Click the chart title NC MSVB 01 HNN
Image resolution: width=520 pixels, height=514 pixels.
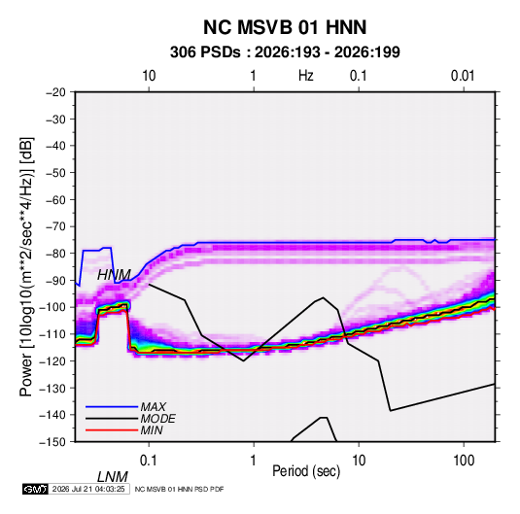[x=285, y=27]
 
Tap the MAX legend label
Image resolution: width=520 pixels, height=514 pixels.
[x=154, y=407]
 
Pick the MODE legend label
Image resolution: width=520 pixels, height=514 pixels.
[x=157, y=419]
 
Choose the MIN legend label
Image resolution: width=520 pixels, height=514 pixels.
[x=152, y=430]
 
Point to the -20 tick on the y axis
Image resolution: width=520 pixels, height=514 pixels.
[x=55, y=92]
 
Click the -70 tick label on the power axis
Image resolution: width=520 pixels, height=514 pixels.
[x=55, y=226]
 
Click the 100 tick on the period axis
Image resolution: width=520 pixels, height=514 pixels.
[x=464, y=461]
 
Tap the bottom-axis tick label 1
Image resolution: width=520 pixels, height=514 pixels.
[x=253, y=461]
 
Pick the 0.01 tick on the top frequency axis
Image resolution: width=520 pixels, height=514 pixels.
[x=463, y=76]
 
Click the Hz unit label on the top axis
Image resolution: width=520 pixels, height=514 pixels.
[x=306, y=76]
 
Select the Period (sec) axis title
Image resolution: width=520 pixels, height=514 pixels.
[x=306, y=471]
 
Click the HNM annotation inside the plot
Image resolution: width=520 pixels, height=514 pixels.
[x=114, y=275]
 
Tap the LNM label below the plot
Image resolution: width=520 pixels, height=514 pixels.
[x=113, y=477]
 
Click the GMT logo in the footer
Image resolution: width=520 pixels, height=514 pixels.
[x=36, y=489]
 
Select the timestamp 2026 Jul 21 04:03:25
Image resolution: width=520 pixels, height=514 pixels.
[x=88, y=489]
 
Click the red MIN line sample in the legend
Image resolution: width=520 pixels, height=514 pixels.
[x=112, y=430]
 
